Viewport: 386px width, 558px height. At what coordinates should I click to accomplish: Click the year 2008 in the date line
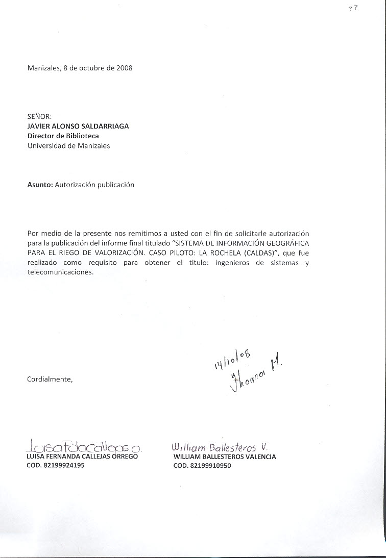tap(124, 68)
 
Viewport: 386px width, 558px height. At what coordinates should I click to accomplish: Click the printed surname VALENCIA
tap(258, 456)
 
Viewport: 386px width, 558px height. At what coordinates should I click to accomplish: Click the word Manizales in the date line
tap(44, 68)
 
